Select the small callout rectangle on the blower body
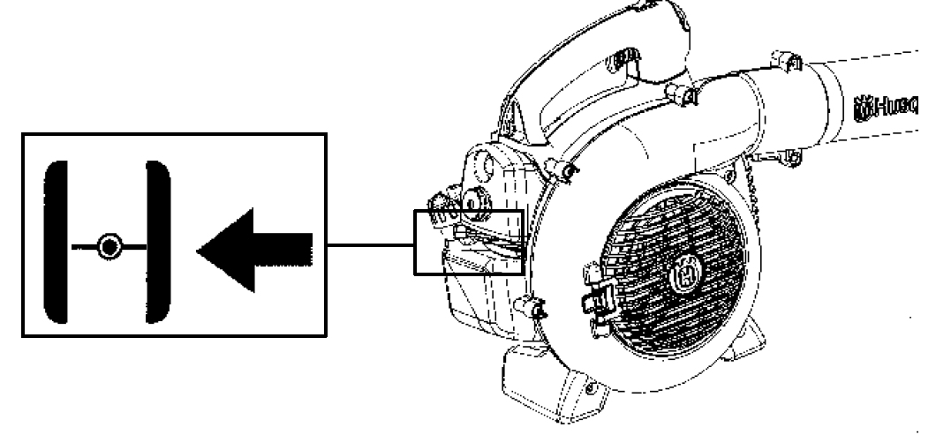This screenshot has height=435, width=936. (469, 243)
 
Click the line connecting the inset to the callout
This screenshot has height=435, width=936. (371, 244)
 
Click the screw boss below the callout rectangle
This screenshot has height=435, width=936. (534, 309)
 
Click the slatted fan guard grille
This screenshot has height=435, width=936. (671, 265)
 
